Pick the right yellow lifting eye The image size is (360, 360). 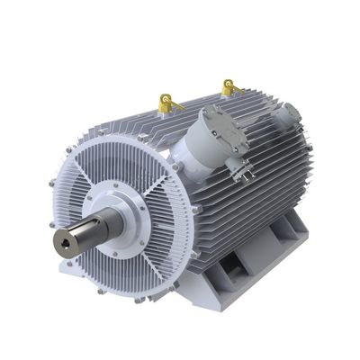click(x=229, y=87)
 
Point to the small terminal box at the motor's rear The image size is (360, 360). click(x=289, y=115)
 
